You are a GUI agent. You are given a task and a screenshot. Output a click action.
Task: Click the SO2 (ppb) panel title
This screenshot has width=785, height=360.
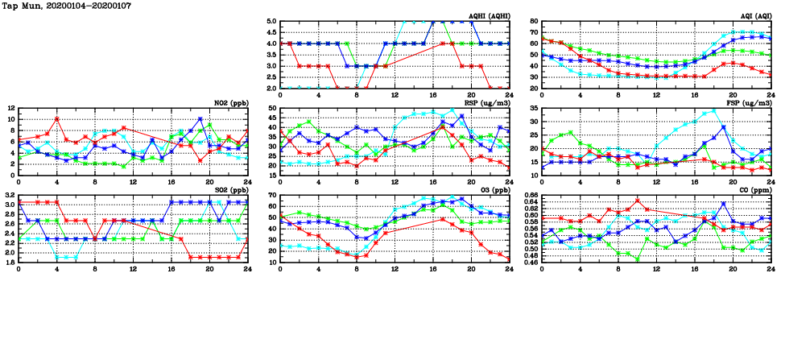click(233, 190)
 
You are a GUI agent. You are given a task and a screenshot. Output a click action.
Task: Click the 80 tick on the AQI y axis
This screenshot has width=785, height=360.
click(535, 22)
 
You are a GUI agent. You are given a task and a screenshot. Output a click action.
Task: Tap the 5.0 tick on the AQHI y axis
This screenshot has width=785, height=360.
click(271, 22)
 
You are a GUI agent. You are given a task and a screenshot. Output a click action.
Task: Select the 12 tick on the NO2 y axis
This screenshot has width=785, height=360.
click(10, 108)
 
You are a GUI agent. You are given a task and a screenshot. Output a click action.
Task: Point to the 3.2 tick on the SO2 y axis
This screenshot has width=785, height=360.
click(9, 195)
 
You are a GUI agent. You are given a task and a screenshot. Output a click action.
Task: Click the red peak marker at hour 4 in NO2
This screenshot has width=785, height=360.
click(56, 118)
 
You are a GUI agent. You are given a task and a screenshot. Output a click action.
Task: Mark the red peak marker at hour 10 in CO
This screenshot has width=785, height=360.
click(638, 201)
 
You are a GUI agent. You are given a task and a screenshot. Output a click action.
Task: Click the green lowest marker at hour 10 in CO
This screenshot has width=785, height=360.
click(638, 259)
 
